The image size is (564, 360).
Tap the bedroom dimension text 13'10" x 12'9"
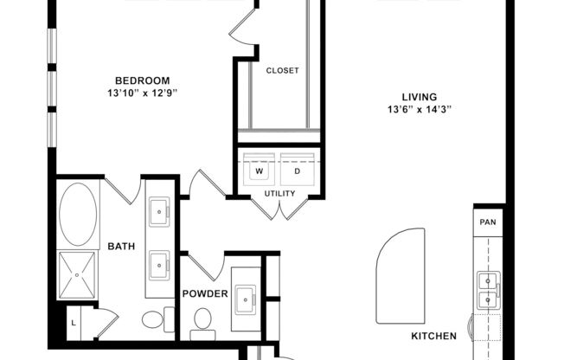point(144,91)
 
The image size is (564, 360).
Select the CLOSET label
point(282,71)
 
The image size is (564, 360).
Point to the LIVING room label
point(420,97)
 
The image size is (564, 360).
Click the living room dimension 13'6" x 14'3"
point(420,110)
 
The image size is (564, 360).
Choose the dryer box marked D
point(298,171)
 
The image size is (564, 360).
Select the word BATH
point(121,247)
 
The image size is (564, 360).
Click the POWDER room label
point(204,293)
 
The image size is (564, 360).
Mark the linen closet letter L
point(74,323)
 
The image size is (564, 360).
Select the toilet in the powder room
point(203,321)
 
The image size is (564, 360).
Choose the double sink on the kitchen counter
point(488,290)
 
